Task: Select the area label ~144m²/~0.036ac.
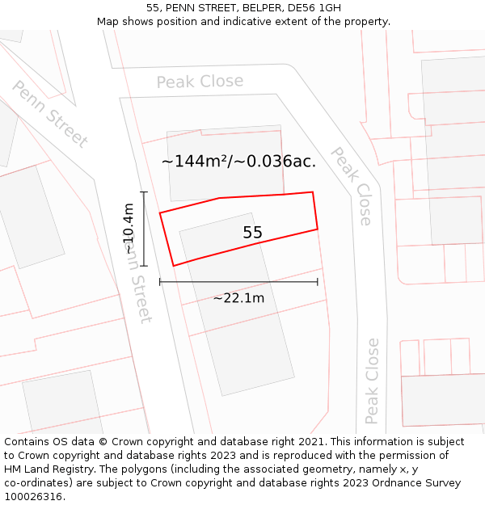[238, 161]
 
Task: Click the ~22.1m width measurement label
[238, 298]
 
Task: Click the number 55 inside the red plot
[252, 233]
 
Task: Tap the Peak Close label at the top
[200, 82]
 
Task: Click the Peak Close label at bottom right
[372, 381]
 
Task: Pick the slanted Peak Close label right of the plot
[352, 186]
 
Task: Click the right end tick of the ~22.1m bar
[318, 282]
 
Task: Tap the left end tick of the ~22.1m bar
[160, 282]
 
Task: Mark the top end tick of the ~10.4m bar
[144, 192]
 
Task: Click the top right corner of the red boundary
[313, 192]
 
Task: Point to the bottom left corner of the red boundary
[173, 266]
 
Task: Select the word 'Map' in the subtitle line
[108, 21]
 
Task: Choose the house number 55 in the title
[153, 7]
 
